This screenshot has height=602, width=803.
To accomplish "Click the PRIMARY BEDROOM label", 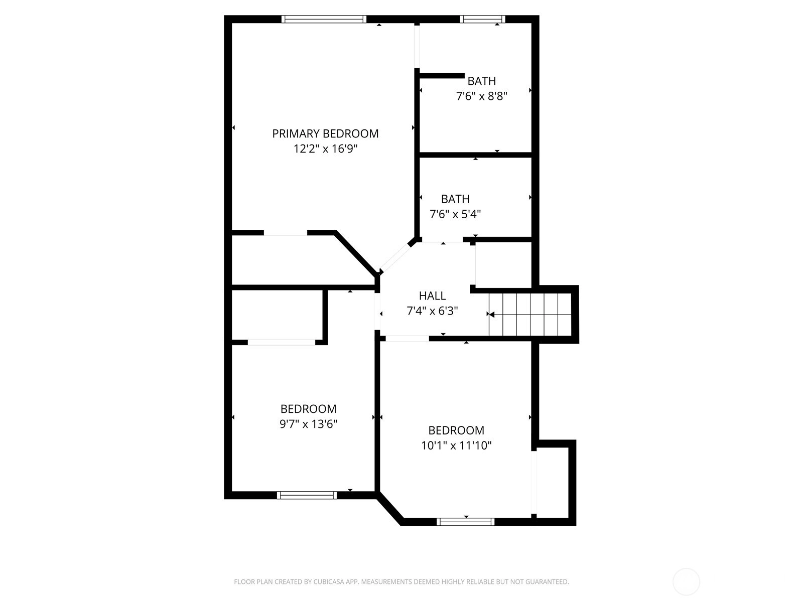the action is pyautogui.click(x=325, y=133).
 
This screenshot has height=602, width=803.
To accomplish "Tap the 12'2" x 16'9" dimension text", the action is pyautogui.click(x=325, y=149).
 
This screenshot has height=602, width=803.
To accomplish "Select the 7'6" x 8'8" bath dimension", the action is pyautogui.click(x=481, y=96).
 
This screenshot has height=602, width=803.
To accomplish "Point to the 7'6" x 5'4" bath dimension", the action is pyautogui.click(x=455, y=214).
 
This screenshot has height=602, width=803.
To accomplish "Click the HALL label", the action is pyautogui.click(x=432, y=295).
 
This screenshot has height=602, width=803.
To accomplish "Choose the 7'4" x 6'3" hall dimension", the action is pyautogui.click(x=432, y=311).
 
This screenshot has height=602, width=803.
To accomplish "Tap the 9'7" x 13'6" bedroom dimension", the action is pyautogui.click(x=308, y=424).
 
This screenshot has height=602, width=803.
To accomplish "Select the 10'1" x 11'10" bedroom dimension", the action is pyautogui.click(x=456, y=445).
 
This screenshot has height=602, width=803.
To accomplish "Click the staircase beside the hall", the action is pyautogui.click(x=530, y=315).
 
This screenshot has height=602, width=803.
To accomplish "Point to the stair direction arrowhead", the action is pyautogui.click(x=492, y=315).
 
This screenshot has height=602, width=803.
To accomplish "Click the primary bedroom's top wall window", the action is pyautogui.click(x=324, y=19).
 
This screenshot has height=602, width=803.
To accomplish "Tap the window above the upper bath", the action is pyautogui.click(x=482, y=19).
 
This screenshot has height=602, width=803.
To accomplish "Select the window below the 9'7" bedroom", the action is pyautogui.click(x=307, y=495).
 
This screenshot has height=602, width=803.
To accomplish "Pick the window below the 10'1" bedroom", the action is pyautogui.click(x=465, y=522).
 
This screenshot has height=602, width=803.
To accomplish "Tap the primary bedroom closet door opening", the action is pyautogui.click(x=286, y=233).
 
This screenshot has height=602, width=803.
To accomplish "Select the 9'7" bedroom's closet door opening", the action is pyautogui.click(x=282, y=343).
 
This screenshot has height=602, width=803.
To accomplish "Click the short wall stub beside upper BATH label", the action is pyautogui.click(x=442, y=76).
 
